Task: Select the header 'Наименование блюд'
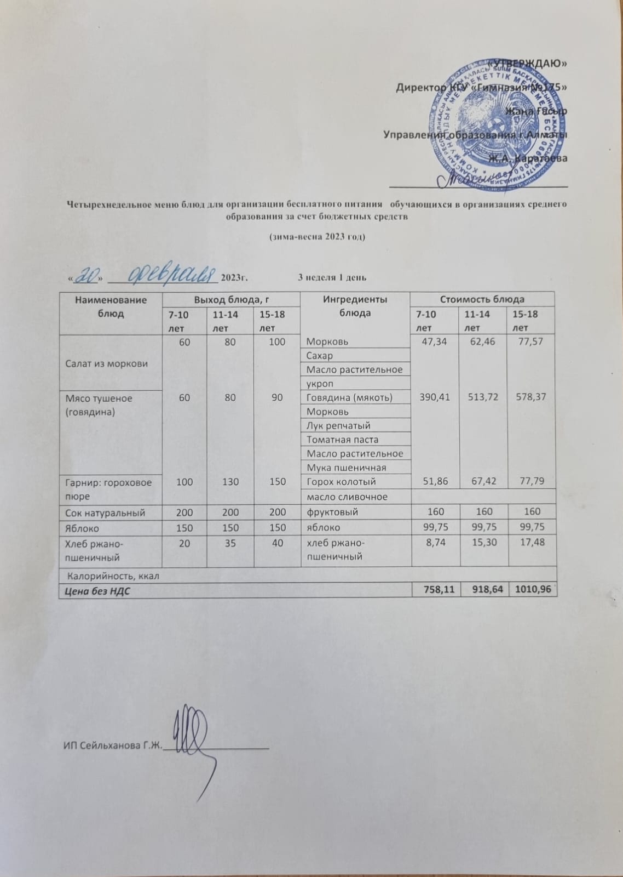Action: click(111, 307)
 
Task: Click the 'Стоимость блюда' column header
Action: click(482, 299)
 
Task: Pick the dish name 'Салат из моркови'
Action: click(106, 363)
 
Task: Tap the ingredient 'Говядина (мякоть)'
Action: click(349, 397)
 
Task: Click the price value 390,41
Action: click(432, 397)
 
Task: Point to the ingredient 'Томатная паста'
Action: click(342, 439)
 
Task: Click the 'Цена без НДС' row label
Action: click(97, 591)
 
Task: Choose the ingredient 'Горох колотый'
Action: click(341, 482)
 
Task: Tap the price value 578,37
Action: click(531, 397)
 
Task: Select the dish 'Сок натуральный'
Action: click(105, 512)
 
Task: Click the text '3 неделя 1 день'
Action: click(332, 277)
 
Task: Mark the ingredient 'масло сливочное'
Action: click(347, 497)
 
